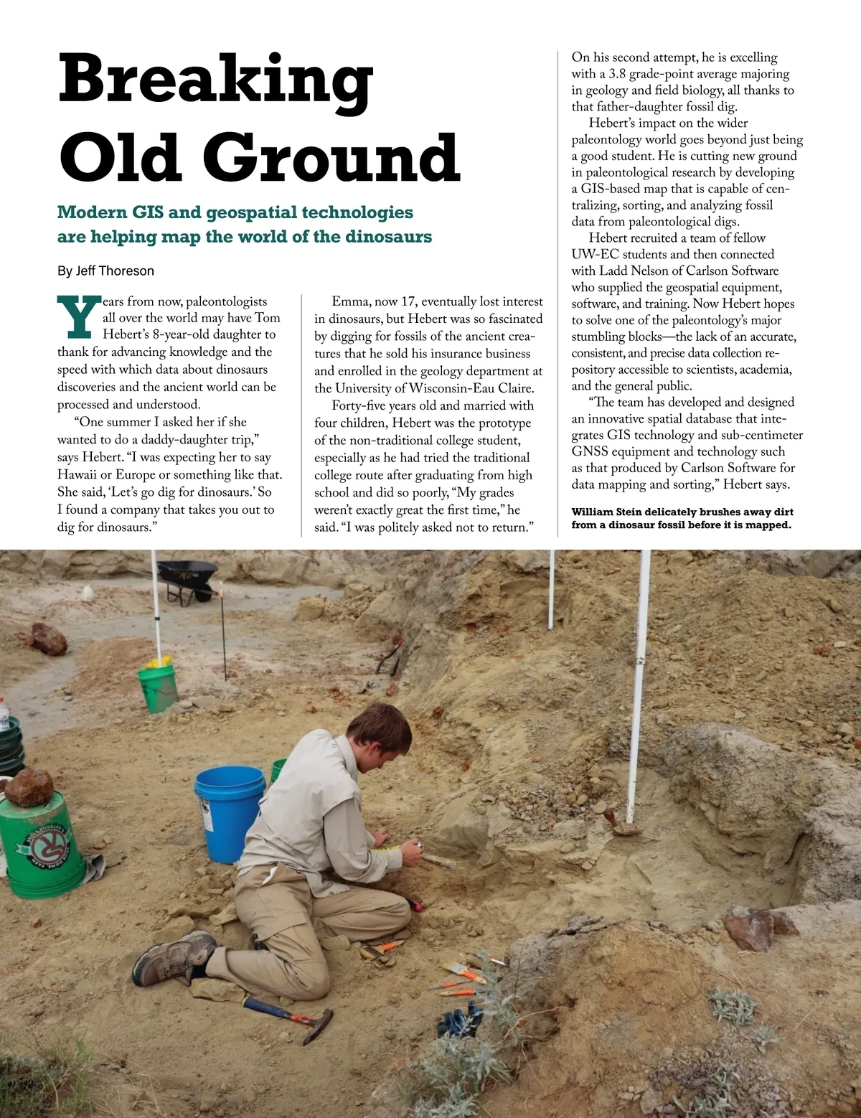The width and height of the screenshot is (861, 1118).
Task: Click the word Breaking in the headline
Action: point(215,80)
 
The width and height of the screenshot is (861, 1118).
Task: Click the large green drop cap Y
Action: point(77,317)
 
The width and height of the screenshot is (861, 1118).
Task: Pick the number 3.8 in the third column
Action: point(617,74)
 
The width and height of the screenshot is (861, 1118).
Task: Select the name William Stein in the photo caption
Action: point(606,512)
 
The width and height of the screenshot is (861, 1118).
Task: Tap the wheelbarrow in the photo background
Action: point(187,578)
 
